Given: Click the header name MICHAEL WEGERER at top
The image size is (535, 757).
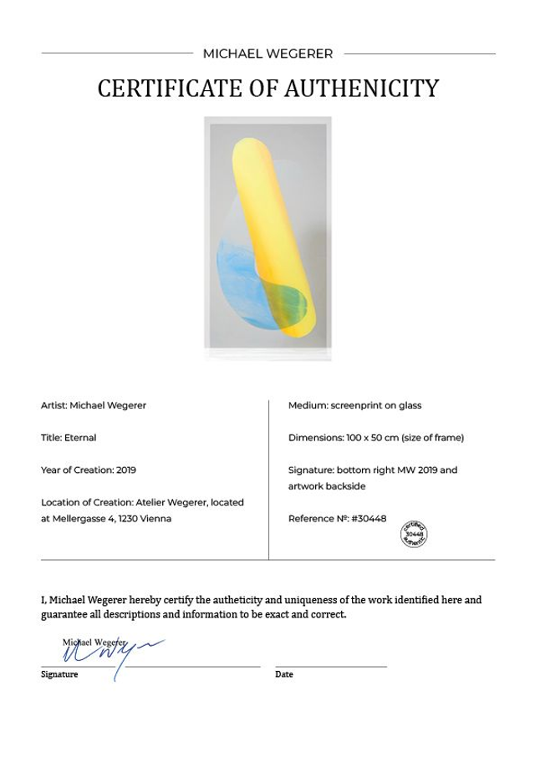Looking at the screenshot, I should click(267, 53).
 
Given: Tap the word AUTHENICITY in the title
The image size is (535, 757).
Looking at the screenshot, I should click(372, 89).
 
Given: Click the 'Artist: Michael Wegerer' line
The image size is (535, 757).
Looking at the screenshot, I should click(94, 405).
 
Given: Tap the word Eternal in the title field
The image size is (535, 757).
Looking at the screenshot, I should click(80, 437).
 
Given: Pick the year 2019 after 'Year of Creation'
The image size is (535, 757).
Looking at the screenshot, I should click(126, 470).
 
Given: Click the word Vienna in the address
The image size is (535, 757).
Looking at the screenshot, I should click(155, 518).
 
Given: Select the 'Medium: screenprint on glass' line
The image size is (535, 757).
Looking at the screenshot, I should click(354, 405).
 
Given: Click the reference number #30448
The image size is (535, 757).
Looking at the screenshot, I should click(369, 518).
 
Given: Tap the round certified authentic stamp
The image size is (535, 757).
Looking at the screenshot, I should click(415, 532).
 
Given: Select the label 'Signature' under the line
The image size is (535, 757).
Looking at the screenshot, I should click(59, 674).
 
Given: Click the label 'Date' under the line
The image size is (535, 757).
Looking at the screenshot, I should click(284, 674).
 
